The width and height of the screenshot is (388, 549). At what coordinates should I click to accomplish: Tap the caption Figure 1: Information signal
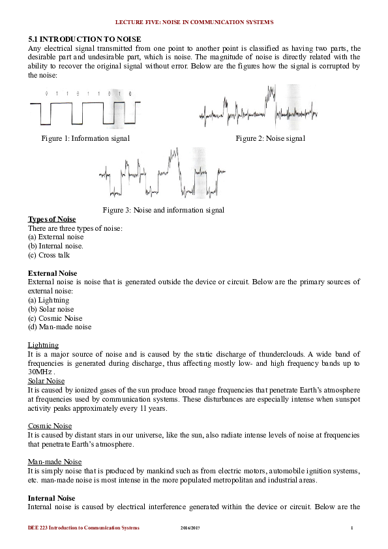point(85,138)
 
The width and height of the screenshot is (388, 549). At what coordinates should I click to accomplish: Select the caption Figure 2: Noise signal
point(270,138)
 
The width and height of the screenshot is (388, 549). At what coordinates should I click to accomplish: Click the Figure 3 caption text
point(163,210)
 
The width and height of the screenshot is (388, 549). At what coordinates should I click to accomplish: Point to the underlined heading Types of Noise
point(52,219)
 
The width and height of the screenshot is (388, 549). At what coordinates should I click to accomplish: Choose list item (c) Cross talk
point(49,256)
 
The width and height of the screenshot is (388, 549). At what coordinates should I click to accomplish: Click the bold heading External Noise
point(52,273)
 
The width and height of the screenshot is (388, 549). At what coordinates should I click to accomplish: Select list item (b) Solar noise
point(51,309)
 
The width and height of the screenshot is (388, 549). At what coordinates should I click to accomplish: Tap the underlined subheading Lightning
point(43,345)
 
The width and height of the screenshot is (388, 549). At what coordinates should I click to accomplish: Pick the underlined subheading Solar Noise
point(48,381)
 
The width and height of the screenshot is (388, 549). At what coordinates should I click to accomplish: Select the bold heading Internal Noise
point(52,498)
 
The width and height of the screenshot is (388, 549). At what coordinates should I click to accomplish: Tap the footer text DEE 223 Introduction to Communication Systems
point(83,527)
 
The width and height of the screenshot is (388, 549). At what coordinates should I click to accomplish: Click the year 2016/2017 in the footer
point(190,527)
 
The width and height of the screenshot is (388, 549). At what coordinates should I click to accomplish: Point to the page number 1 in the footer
point(351,527)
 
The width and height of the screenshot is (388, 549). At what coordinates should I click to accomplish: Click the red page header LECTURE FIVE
point(194,22)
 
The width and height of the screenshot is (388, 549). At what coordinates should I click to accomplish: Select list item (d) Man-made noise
point(59,327)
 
